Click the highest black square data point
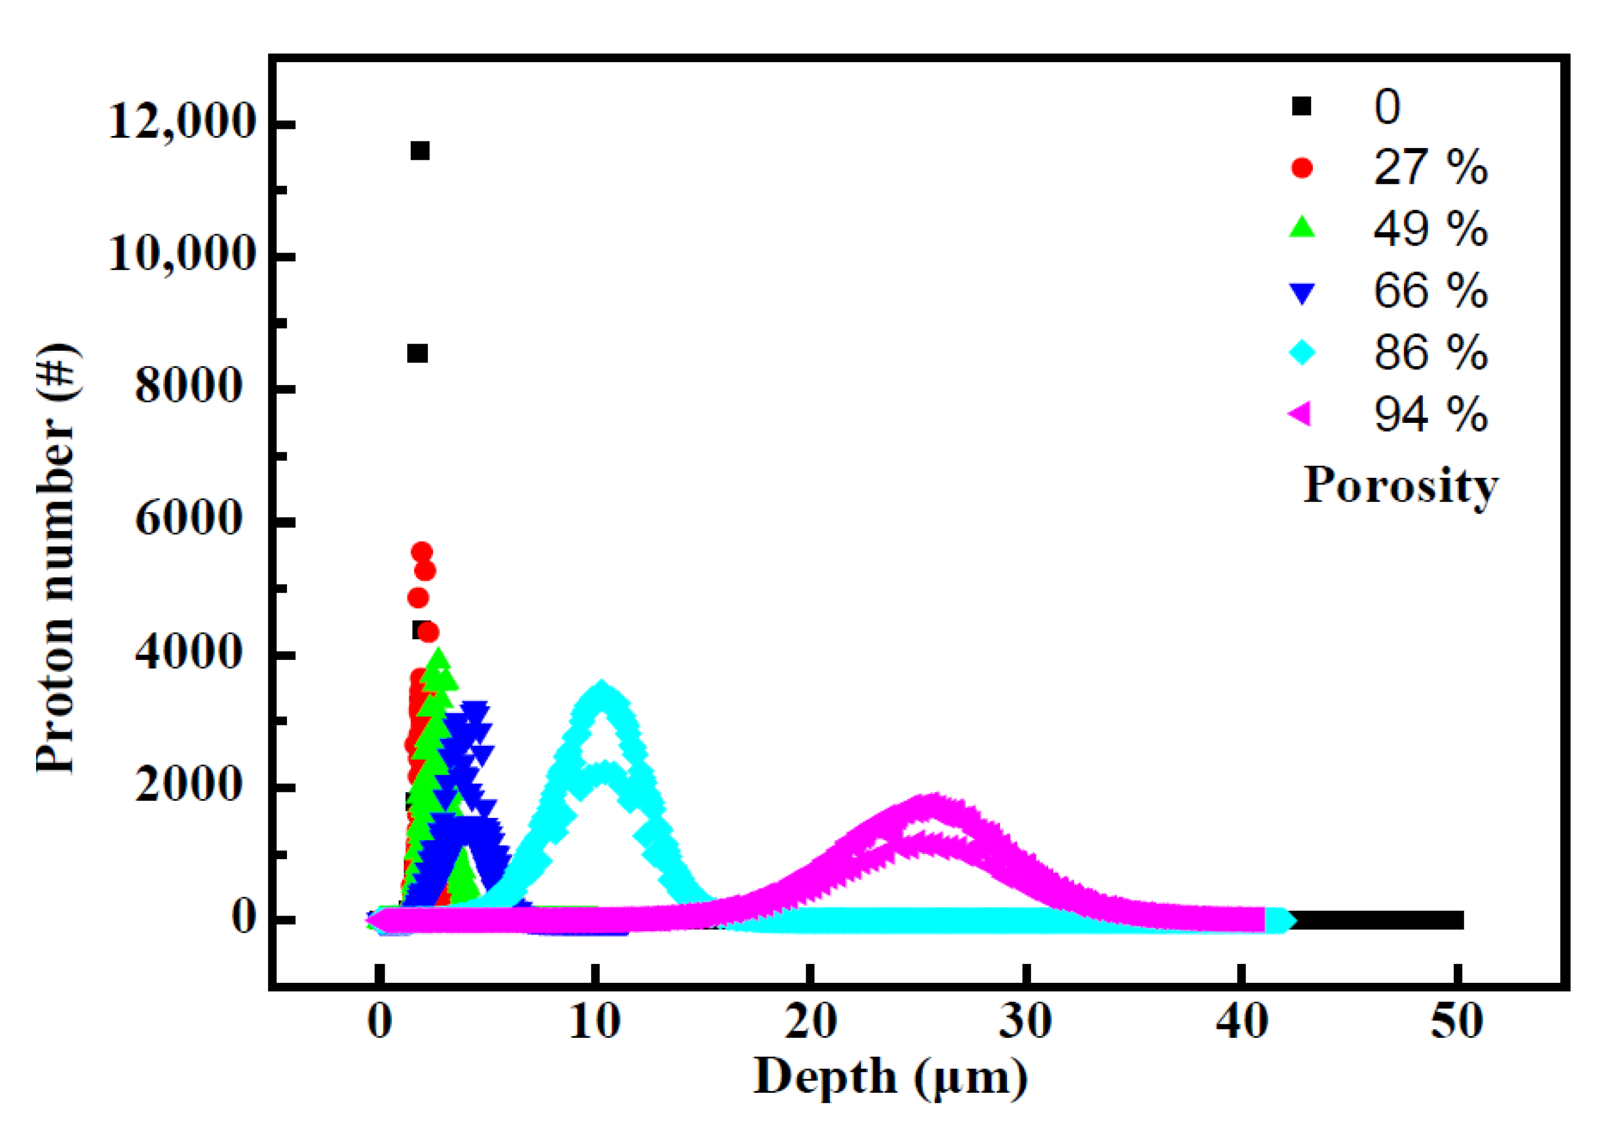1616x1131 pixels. [420, 150]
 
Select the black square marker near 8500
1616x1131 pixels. [417, 354]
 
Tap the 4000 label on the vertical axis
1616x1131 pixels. [188, 653]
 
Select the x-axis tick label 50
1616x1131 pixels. [1456, 1021]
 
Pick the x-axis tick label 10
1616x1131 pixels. [595, 1021]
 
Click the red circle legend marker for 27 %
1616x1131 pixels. [1302, 168]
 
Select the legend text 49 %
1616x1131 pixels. [1430, 229]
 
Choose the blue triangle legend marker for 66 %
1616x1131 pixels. [1302, 292]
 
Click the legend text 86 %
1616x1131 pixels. [1430, 352]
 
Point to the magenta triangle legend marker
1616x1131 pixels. [1301, 414]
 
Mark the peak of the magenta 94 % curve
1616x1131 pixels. [933, 802]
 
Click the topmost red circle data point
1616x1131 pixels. [421, 551]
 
